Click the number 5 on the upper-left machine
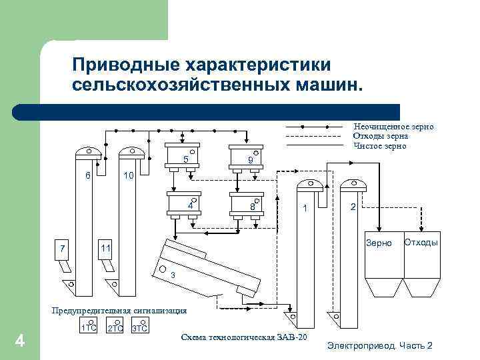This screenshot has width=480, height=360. [x=185, y=159]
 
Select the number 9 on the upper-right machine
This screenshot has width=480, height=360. [x=249, y=160]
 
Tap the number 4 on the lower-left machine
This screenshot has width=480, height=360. [x=190, y=206]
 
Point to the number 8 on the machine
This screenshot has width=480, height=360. [x=253, y=207]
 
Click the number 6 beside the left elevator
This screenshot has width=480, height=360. [x=87, y=175]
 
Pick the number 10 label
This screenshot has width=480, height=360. [x=129, y=175]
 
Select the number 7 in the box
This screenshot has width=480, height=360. [x=61, y=249]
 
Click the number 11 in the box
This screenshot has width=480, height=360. [x=105, y=248]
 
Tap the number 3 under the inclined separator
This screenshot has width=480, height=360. [x=172, y=275]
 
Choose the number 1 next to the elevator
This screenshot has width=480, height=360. [x=304, y=209]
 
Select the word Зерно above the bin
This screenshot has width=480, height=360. [x=379, y=243]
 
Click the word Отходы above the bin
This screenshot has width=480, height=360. [x=421, y=242]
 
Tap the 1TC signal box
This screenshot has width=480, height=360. [x=88, y=328]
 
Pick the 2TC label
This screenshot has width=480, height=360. [x=115, y=329]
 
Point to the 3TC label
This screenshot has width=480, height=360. [x=139, y=329]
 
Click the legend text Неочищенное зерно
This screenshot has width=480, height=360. [x=393, y=126]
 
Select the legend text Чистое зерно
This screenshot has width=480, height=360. [x=379, y=145]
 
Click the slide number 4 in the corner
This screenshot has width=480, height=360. [x=20, y=341]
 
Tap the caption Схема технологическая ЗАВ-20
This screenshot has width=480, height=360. [x=244, y=337]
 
